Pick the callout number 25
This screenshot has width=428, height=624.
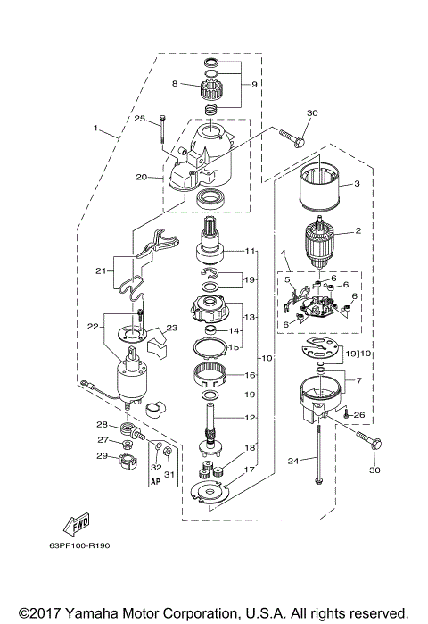[x=140, y=118]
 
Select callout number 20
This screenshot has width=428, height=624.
[x=141, y=177]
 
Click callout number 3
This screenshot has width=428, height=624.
[x=357, y=184]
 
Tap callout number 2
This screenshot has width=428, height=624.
[x=358, y=230]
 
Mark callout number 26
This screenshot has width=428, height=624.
[x=359, y=415]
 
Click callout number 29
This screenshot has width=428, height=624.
[x=102, y=456]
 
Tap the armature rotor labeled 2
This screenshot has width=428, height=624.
[x=317, y=240]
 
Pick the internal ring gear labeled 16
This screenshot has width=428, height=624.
[x=214, y=380]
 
